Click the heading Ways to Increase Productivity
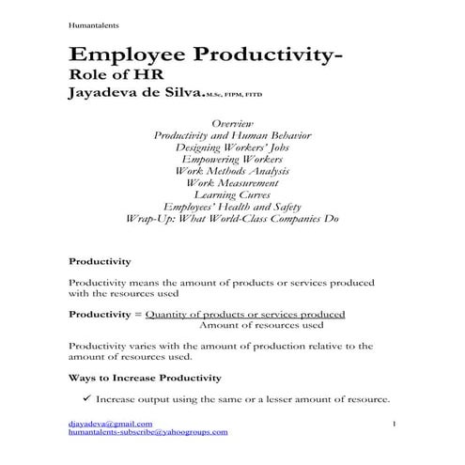146,378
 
